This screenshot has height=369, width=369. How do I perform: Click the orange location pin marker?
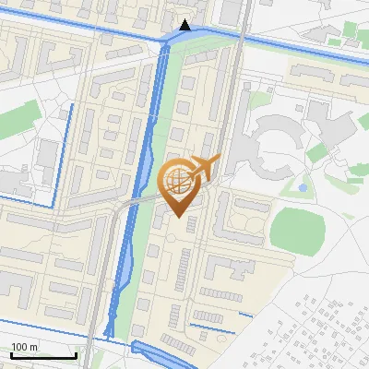click(179, 184)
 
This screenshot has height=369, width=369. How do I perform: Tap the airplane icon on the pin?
click(203, 168)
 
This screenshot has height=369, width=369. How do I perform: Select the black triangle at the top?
click(186, 25)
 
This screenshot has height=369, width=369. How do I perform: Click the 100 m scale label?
click(24, 347)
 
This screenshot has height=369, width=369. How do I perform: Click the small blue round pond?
click(303, 187)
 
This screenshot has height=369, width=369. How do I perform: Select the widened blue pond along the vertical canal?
click(143, 166)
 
